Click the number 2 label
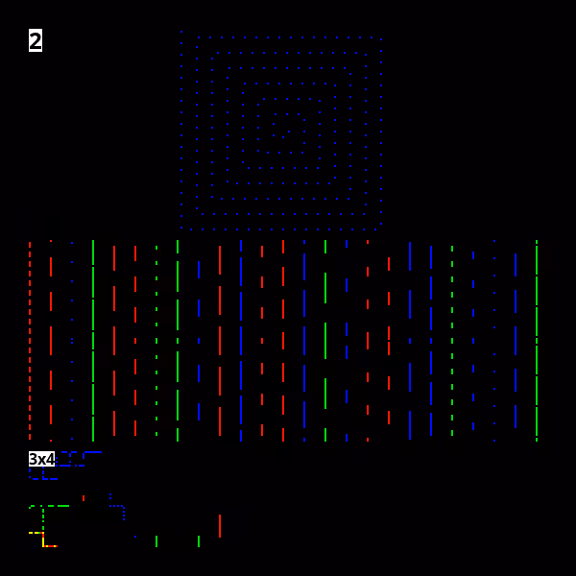click(x=36, y=40)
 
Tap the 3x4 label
click(x=41, y=459)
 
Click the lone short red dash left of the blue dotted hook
click(x=84, y=498)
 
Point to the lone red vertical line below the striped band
click(x=220, y=526)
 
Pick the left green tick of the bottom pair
click(x=156, y=541)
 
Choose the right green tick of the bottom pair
click(x=199, y=541)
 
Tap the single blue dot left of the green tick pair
click(x=135, y=537)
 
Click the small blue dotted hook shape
click(x=117, y=507)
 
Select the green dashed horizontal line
click(x=49, y=506)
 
